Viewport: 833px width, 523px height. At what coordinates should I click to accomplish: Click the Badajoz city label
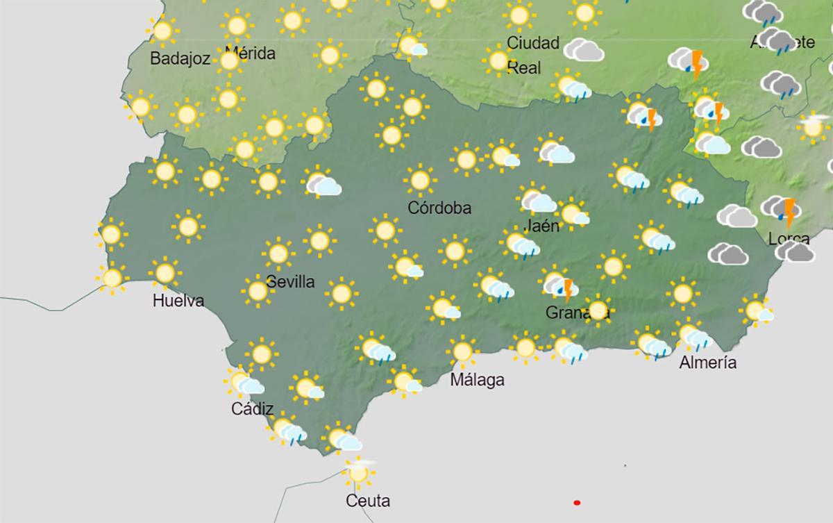[x=180, y=59]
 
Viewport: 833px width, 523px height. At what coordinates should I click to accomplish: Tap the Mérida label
[x=251, y=53]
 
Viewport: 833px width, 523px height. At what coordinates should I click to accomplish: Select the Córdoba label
[x=439, y=208]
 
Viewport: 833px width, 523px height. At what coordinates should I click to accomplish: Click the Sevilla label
[x=291, y=282]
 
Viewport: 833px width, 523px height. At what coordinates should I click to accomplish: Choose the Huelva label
[x=178, y=301]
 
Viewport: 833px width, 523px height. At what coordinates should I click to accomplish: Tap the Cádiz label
[x=252, y=409]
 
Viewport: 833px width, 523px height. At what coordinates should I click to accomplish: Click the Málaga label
[x=477, y=380]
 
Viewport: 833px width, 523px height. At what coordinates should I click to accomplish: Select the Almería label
[x=707, y=362]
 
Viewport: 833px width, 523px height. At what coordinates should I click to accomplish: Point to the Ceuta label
[x=369, y=500]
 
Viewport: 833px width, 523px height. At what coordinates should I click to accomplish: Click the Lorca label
[x=789, y=239]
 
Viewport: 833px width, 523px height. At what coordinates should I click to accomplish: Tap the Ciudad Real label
[x=532, y=55]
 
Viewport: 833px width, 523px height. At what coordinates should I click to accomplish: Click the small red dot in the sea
[x=576, y=502]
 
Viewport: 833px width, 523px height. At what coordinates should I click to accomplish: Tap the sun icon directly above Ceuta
[x=358, y=472]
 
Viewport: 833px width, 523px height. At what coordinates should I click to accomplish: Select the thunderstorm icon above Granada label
[x=559, y=285]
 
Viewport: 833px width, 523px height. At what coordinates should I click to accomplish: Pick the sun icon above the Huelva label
[x=165, y=272]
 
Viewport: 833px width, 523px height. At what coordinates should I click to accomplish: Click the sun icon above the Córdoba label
[x=419, y=180]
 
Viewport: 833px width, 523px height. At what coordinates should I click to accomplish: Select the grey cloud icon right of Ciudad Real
[x=583, y=50]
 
